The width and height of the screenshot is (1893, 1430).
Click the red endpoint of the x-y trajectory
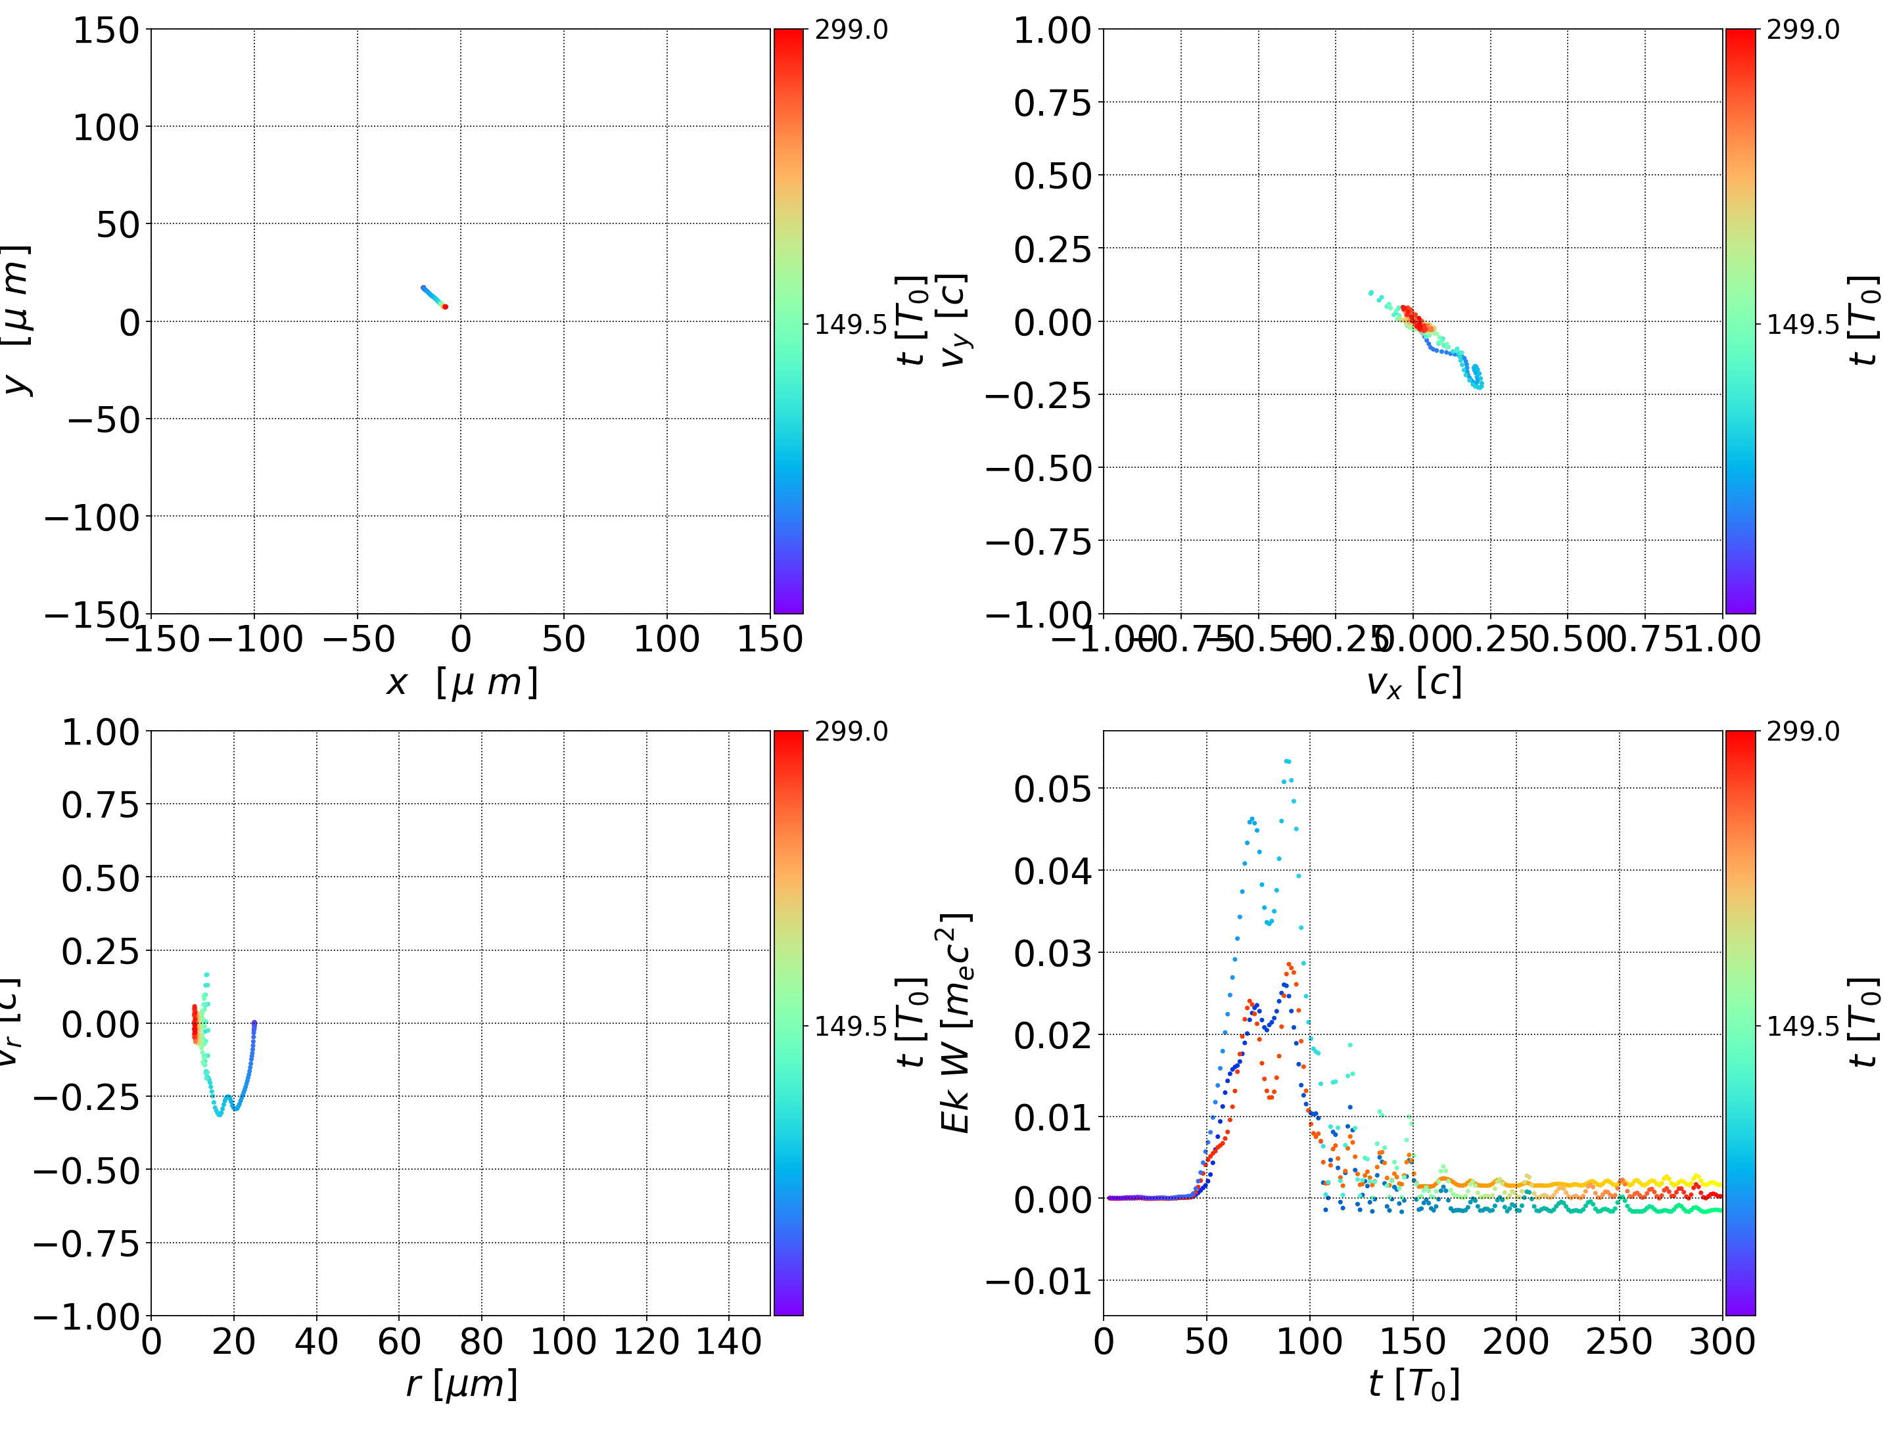(x=445, y=306)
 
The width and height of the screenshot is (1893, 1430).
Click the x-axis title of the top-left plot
(x=462, y=682)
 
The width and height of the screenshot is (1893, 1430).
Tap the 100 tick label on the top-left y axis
(x=105, y=127)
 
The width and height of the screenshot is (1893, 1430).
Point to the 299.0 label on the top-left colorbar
(x=851, y=30)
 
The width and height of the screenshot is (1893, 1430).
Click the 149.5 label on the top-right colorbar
(x=1802, y=325)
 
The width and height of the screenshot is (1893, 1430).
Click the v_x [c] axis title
(x=1413, y=682)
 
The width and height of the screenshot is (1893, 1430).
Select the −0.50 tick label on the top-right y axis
(x=1039, y=468)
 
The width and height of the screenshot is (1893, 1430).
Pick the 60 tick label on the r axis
(x=399, y=1341)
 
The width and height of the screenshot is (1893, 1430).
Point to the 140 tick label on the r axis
(x=728, y=1341)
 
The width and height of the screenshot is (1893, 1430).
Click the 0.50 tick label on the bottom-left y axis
(x=99, y=878)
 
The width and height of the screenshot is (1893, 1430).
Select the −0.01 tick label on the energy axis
(x=1039, y=1281)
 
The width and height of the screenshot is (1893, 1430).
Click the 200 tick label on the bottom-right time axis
(x=1516, y=1341)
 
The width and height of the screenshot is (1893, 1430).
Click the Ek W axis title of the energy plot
(x=955, y=1023)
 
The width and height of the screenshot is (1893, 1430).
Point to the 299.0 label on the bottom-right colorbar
(x=1802, y=731)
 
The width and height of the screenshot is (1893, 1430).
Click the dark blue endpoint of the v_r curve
(x=254, y=1023)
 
